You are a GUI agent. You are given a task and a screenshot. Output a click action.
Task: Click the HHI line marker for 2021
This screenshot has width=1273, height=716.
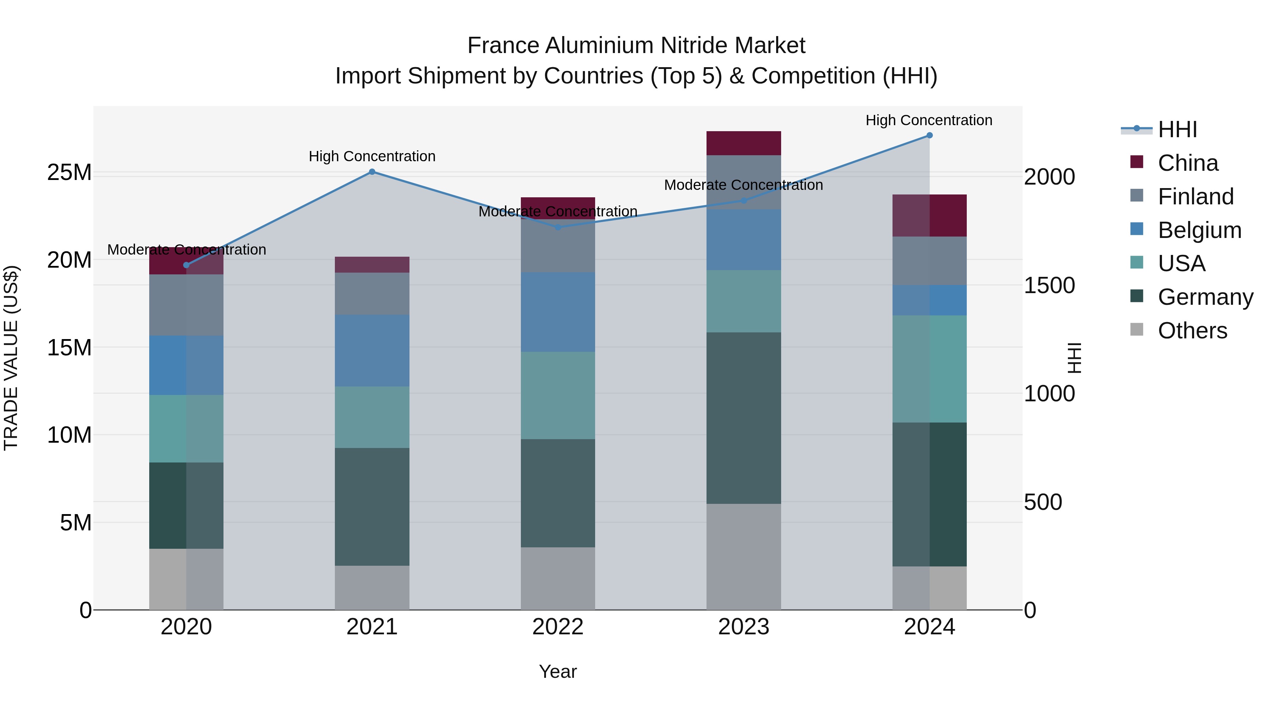(x=372, y=172)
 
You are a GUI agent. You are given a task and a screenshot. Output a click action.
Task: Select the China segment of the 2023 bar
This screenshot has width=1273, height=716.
(x=743, y=143)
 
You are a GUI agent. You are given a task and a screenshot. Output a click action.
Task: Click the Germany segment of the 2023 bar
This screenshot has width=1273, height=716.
(x=743, y=418)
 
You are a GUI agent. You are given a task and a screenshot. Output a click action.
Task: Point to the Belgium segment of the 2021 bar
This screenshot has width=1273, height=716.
(x=372, y=350)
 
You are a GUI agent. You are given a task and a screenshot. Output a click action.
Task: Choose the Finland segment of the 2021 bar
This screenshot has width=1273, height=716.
(x=372, y=293)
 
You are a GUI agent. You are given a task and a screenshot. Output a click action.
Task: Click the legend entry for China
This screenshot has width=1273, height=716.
(x=1187, y=163)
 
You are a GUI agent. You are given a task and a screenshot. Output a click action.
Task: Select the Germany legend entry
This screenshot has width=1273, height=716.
(x=1205, y=297)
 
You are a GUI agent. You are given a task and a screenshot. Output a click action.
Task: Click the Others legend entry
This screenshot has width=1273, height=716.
(x=1192, y=331)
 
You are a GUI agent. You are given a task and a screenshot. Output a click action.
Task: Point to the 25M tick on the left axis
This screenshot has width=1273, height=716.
(x=69, y=173)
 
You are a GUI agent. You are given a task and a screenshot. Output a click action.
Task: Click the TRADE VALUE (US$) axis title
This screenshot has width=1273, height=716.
(x=11, y=358)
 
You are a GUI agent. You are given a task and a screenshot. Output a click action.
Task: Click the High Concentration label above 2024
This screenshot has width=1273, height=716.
(x=929, y=120)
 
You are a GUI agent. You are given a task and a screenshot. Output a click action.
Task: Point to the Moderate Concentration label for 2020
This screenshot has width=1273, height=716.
(x=186, y=250)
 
